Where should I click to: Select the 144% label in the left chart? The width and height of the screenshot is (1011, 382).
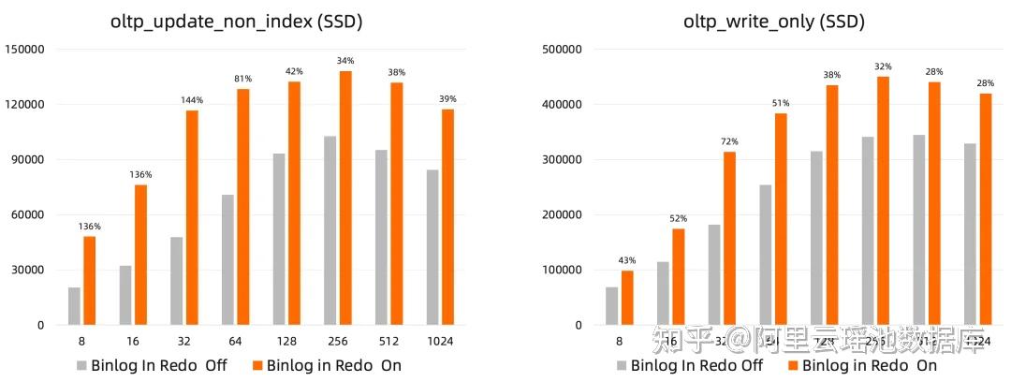point(192,99)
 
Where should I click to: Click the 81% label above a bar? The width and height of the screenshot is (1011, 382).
point(242,78)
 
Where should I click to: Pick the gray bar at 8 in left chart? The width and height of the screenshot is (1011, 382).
point(75,306)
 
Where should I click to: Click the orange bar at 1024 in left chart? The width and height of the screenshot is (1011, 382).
point(447,216)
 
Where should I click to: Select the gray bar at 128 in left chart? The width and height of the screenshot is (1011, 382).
point(279,239)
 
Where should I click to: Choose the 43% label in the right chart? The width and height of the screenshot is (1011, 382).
point(628,259)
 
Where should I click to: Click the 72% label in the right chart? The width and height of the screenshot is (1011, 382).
point(729,140)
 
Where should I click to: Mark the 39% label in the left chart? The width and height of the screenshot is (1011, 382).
point(447,98)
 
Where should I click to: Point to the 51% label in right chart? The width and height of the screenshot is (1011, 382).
point(781,103)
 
